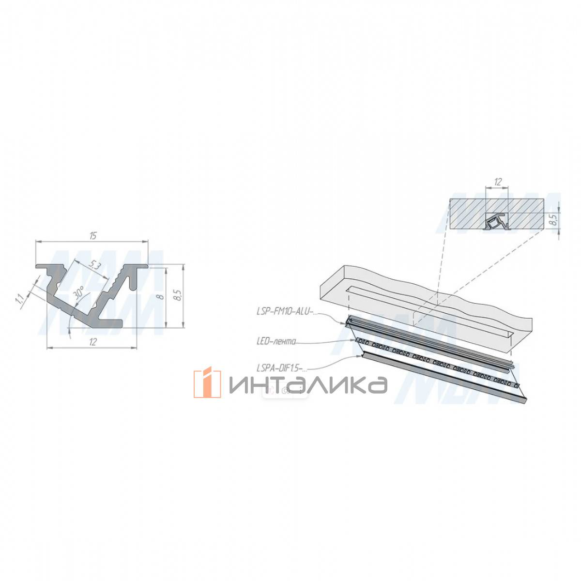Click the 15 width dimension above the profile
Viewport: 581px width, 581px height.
(x=93, y=236)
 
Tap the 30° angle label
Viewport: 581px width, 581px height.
(x=79, y=292)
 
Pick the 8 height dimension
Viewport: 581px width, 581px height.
(x=161, y=296)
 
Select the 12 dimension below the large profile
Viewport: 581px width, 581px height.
(x=93, y=342)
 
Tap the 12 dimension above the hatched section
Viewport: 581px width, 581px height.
(x=498, y=182)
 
